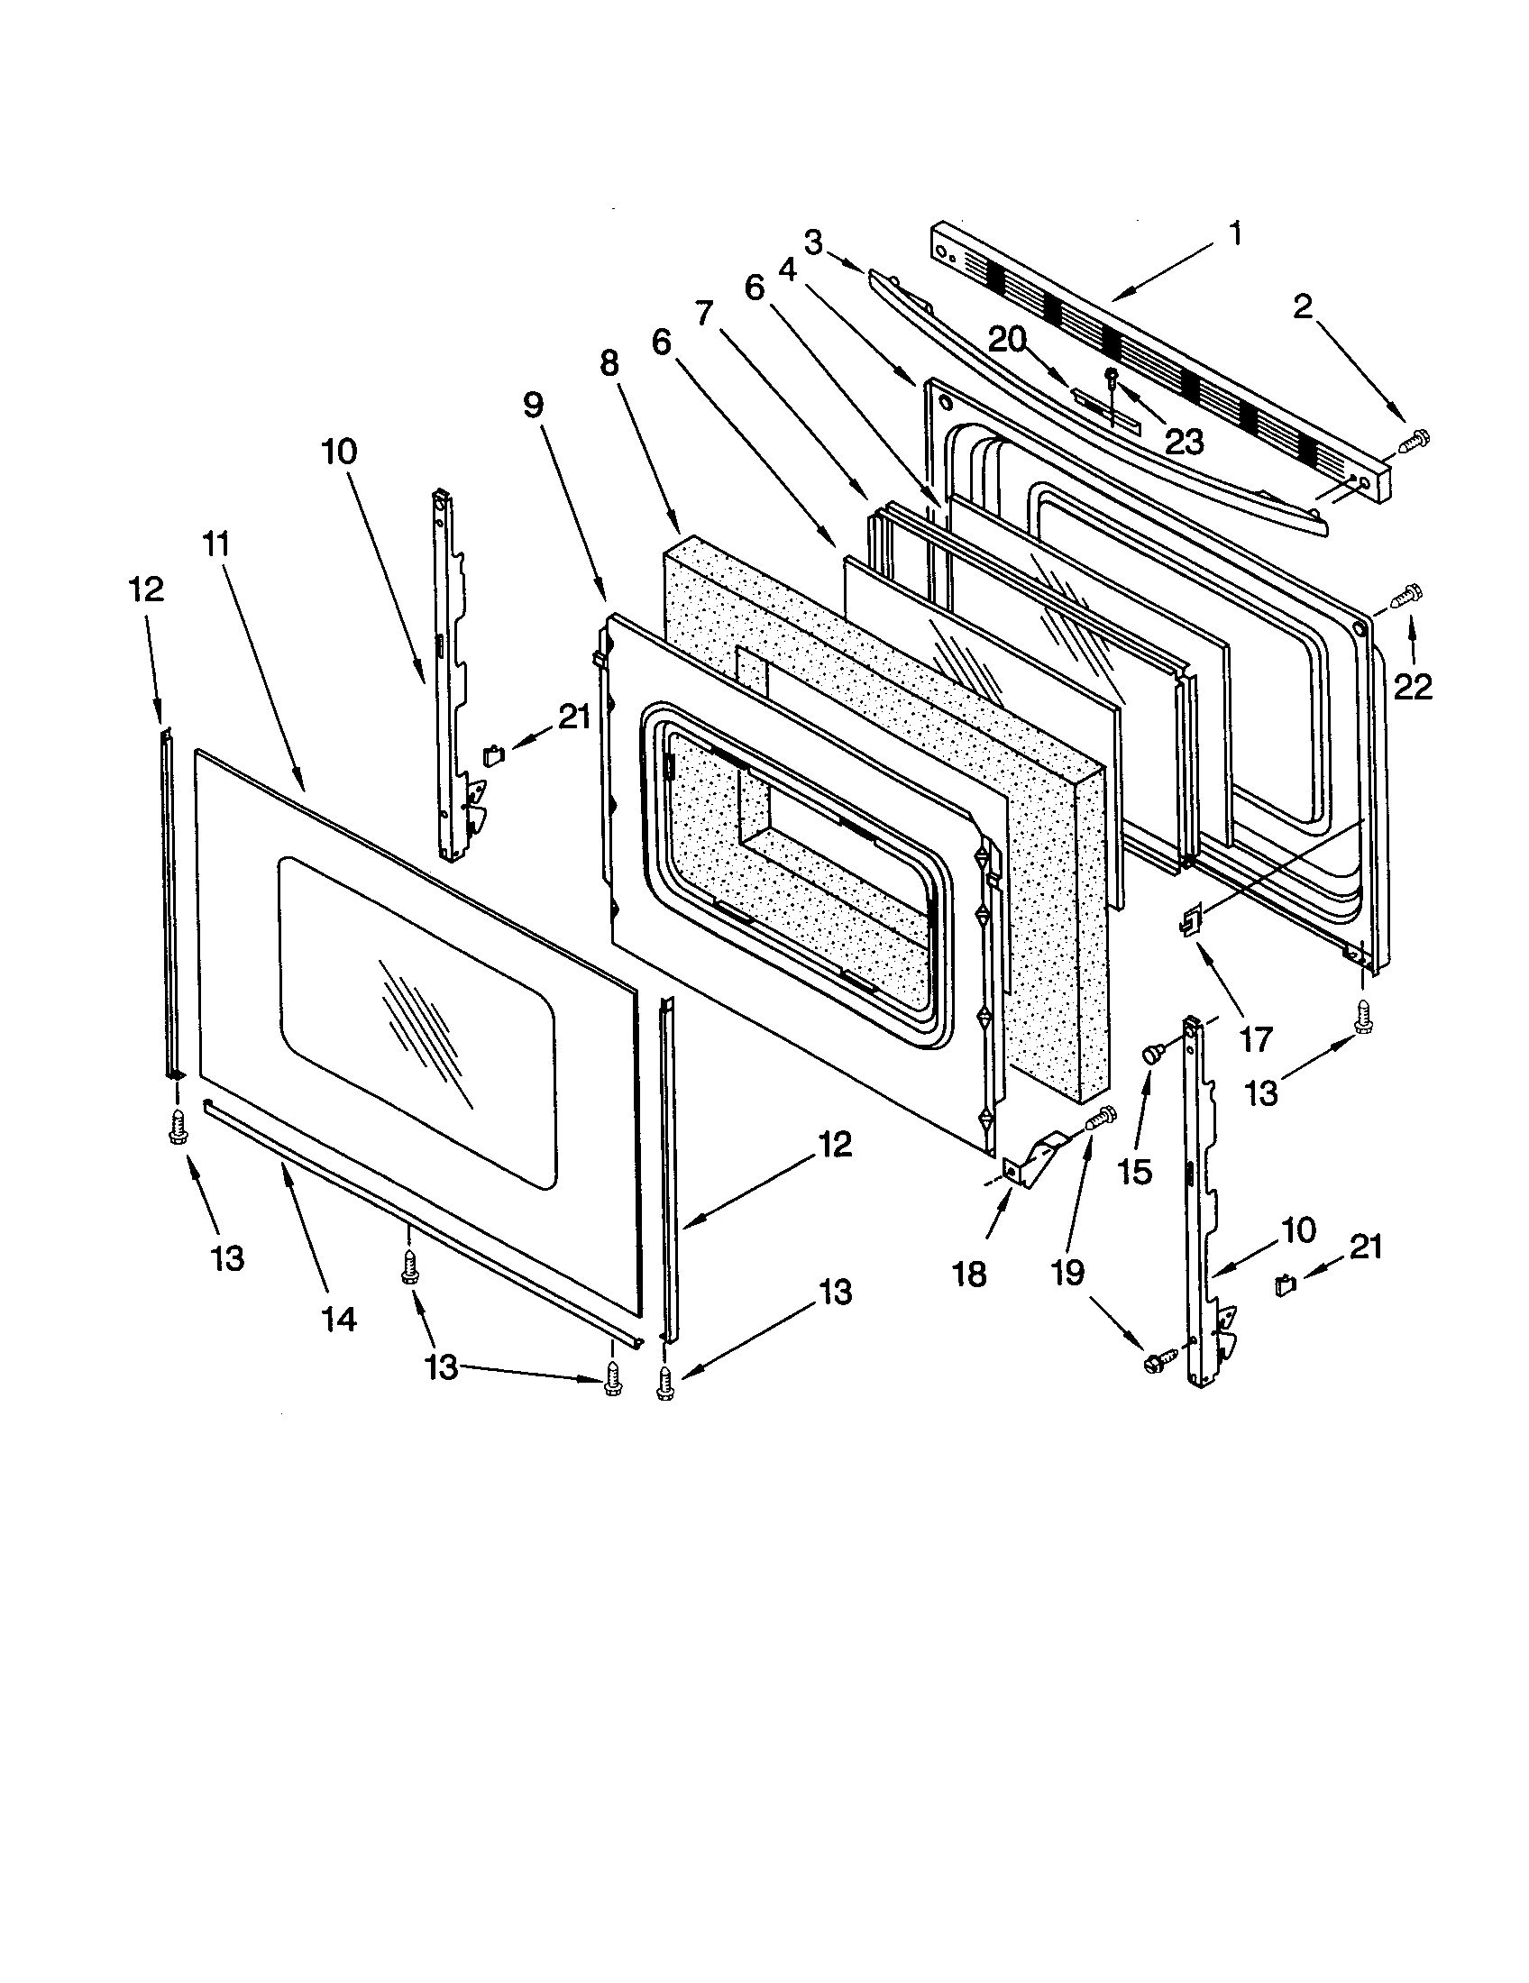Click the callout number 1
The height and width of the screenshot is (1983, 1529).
click(1236, 234)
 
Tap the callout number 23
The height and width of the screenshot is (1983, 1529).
click(1184, 442)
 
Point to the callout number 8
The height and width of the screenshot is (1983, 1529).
click(609, 363)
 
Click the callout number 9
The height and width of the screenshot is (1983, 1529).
click(533, 406)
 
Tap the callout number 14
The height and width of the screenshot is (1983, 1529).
click(338, 1320)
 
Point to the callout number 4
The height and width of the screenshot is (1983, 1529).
click(787, 270)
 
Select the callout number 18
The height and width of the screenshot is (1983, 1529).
click(970, 1274)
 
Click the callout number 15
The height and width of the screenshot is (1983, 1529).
click(1134, 1171)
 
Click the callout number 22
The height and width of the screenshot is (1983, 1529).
click(1413, 688)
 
